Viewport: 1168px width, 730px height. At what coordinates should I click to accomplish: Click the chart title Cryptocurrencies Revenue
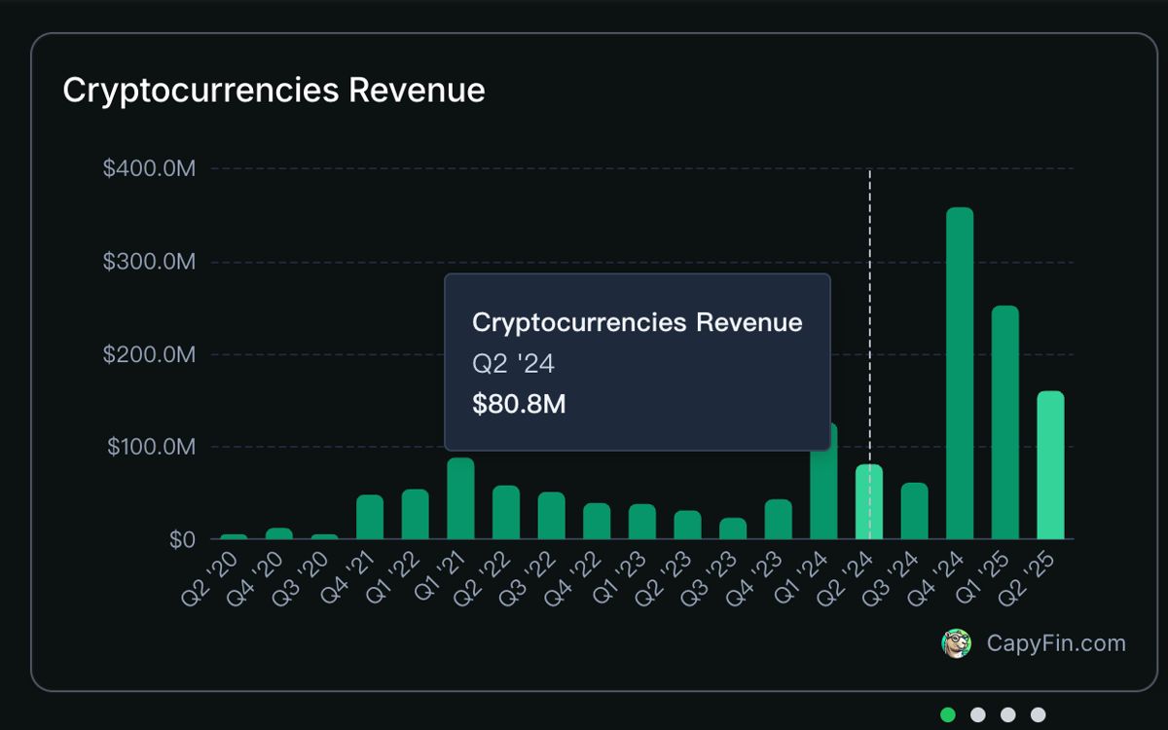(274, 91)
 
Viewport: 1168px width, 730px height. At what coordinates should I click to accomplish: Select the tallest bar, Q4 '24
(960, 374)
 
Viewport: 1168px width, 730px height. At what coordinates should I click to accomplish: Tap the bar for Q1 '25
(1005, 422)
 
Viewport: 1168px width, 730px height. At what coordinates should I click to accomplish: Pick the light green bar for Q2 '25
(1050, 465)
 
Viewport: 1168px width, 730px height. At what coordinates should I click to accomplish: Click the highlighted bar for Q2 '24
(869, 502)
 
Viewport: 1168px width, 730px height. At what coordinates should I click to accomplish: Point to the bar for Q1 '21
(460, 498)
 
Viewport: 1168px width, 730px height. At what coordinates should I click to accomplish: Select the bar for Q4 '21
(370, 517)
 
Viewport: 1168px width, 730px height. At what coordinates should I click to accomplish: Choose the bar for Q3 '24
(914, 511)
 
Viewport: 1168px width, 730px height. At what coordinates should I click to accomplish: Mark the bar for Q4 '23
(778, 520)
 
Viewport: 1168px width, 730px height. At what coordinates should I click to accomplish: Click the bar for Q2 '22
(506, 512)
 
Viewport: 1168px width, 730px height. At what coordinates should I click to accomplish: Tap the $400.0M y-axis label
(149, 169)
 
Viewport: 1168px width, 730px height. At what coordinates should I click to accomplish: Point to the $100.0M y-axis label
(151, 448)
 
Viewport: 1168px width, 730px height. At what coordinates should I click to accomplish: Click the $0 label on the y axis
(182, 540)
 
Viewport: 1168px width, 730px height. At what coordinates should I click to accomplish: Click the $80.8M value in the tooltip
(519, 405)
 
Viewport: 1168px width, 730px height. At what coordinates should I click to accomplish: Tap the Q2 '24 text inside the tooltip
(513, 364)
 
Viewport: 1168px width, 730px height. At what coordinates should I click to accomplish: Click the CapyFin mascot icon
(957, 643)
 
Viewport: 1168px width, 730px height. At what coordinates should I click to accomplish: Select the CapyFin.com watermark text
(1056, 643)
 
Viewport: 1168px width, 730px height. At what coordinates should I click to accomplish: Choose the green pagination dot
(948, 715)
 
